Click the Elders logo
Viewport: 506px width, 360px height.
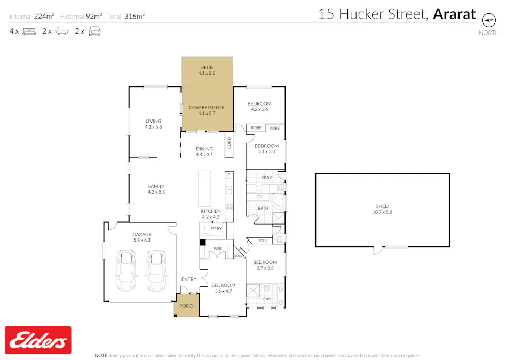click(38, 340)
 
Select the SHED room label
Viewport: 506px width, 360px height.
click(382, 209)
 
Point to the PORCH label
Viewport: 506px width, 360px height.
click(187, 306)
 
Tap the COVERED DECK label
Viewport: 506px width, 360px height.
click(207, 110)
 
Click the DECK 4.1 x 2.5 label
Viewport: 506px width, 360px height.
click(207, 70)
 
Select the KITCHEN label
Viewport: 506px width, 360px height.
click(210, 214)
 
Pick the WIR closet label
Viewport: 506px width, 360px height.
click(217, 247)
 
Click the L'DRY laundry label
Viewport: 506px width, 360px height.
click(266, 177)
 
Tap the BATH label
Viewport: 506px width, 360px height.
click(263, 208)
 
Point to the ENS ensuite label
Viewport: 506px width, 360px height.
click(266, 299)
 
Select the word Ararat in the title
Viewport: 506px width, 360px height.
click(454, 14)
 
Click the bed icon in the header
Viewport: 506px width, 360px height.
click(29, 31)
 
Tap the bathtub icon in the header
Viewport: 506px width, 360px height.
click(62, 31)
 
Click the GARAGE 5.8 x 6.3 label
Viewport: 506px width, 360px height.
click(142, 237)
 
